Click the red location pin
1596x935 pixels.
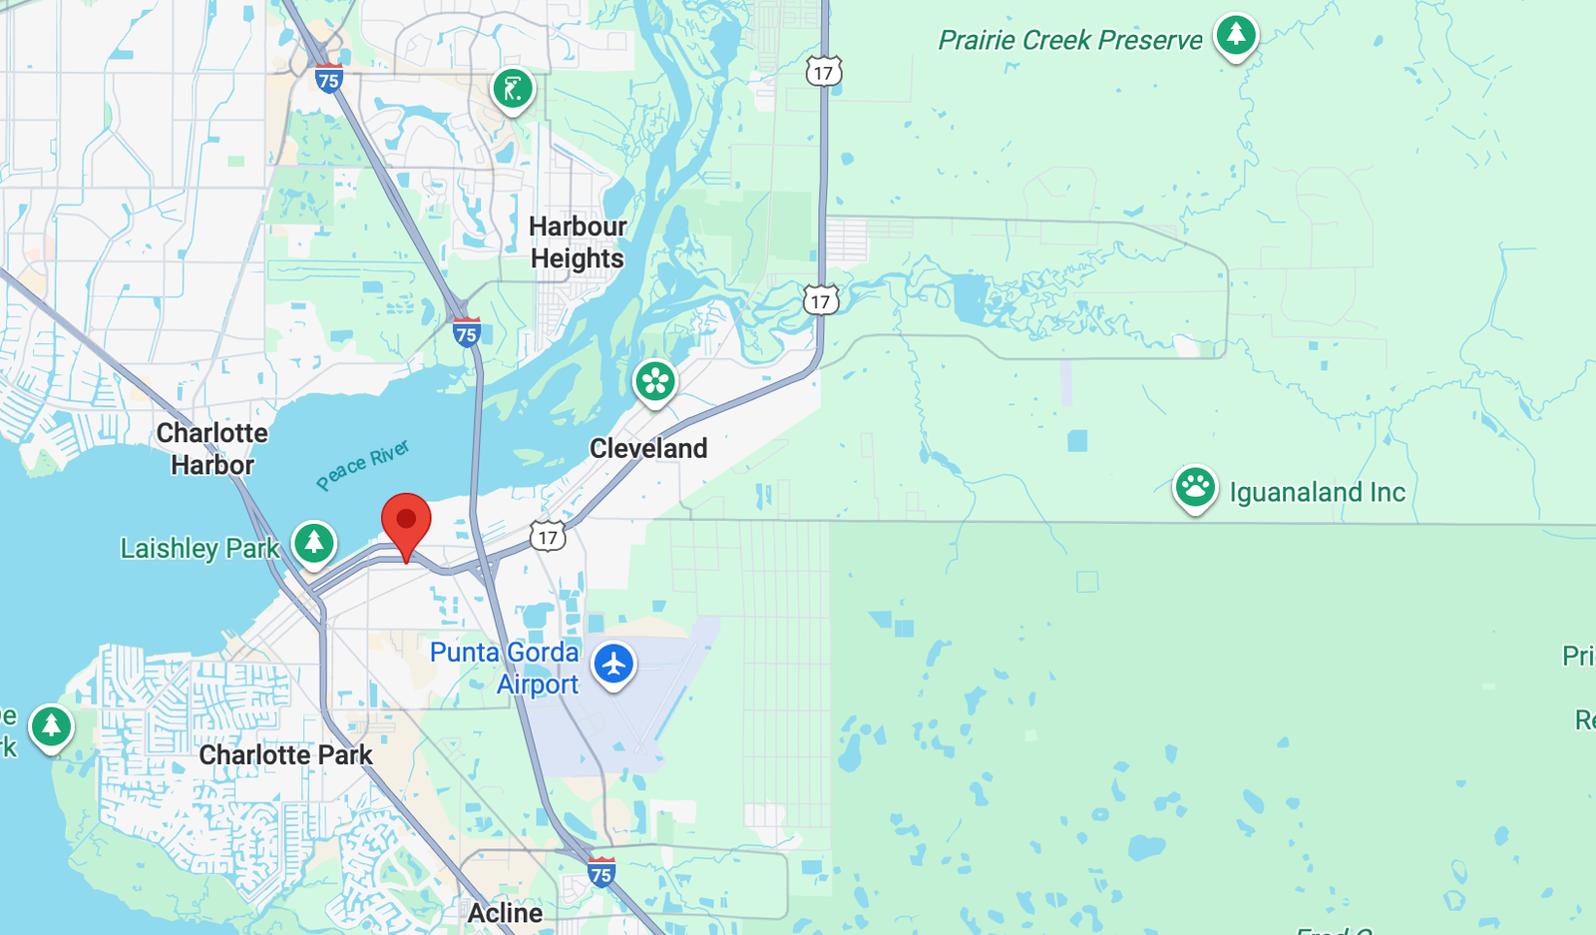[406, 522]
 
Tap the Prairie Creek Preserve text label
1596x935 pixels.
[1069, 40]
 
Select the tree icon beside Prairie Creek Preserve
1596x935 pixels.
[1235, 35]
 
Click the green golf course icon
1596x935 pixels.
[513, 90]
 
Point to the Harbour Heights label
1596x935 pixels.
[578, 242]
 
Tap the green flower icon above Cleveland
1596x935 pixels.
[655, 381]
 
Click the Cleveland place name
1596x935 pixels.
[648, 449]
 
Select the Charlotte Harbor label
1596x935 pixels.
[211, 449]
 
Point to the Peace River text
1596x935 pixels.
[363, 465]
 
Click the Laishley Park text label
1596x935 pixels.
[199, 549]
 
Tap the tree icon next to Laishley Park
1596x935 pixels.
[314, 543]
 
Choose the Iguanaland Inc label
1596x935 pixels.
[1317, 492]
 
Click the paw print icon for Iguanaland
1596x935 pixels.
[1194, 488]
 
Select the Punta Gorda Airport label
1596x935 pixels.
[505, 668]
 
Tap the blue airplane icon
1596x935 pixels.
[613, 664]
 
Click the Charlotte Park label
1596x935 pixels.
[285, 755]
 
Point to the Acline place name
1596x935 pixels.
[506, 913]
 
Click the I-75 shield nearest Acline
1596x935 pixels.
[600, 873]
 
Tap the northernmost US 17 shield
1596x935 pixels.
[823, 72]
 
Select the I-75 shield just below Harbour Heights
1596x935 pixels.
[466, 332]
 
